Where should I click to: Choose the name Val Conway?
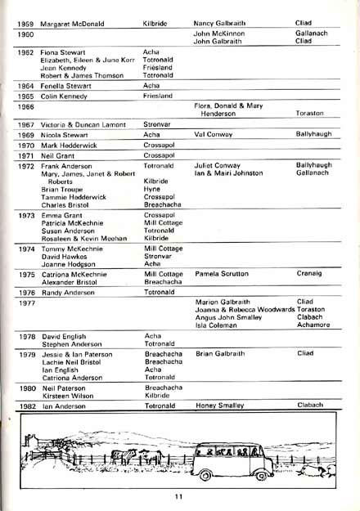pyautogui.click(x=214, y=133)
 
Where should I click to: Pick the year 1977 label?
pyautogui.click(x=25, y=302)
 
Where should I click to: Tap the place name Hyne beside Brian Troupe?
pyautogui.click(x=151, y=188)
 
